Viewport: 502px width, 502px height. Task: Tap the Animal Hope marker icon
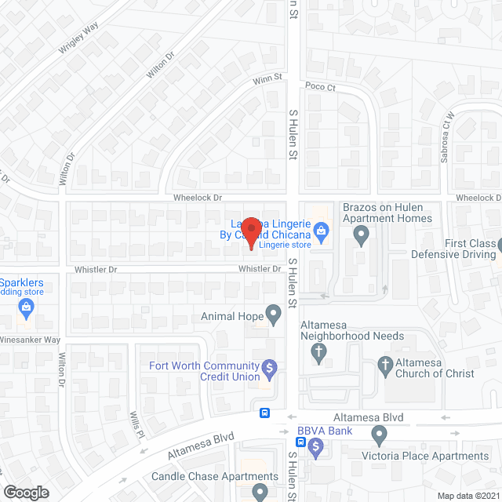(x=273, y=317)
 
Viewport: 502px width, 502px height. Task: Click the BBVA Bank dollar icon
(x=316, y=449)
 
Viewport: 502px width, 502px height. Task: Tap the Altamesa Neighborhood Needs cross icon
(x=318, y=355)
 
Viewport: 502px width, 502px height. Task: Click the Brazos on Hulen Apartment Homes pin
(x=361, y=234)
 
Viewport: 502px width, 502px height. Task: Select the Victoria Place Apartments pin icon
(x=380, y=434)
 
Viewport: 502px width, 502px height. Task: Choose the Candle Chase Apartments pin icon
(x=260, y=492)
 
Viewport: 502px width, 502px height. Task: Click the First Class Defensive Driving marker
(x=489, y=245)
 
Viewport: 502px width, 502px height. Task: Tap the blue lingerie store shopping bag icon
(x=320, y=231)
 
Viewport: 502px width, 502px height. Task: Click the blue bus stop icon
(x=265, y=413)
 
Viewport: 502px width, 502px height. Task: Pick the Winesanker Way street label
(x=30, y=340)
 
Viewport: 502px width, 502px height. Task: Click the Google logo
(x=26, y=492)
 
